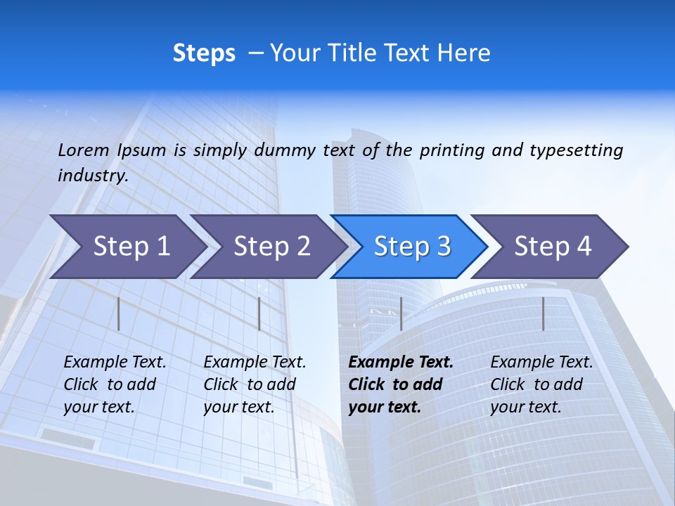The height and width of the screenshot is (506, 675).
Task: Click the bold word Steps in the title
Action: [204, 53]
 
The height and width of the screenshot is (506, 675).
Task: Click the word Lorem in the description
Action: [84, 150]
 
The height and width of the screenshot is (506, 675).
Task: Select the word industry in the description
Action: [92, 175]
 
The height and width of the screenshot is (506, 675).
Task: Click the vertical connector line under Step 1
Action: [119, 313]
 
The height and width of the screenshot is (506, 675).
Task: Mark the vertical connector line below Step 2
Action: [259, 313]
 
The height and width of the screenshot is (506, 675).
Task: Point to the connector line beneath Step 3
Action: [401, 313]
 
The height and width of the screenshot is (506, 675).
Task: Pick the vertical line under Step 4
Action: [543, 313]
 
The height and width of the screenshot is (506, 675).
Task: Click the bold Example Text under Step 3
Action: [401, 363]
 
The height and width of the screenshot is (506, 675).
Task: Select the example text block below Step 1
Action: [115, 384]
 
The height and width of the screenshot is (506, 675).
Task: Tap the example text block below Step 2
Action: [255, 384]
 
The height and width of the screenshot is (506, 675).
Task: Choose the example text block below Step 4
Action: [541, 384]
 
